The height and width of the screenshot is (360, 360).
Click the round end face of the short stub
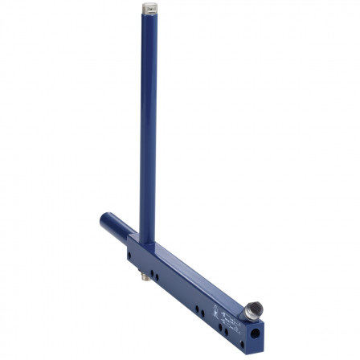coord(104,220)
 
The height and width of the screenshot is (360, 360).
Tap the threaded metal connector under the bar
coord(145,276)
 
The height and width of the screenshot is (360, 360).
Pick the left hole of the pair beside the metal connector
coord(152,272)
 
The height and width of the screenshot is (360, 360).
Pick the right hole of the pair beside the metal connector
coord(157,277)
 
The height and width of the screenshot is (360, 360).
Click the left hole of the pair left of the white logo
coord(197,309)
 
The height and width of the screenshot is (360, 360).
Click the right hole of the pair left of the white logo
coord(202,313)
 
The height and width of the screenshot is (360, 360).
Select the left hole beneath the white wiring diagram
coord(220,327)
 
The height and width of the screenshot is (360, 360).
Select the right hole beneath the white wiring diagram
coord(226,332)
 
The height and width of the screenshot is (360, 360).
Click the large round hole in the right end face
coord(255,333)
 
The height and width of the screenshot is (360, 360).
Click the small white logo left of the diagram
coord(215,311)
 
